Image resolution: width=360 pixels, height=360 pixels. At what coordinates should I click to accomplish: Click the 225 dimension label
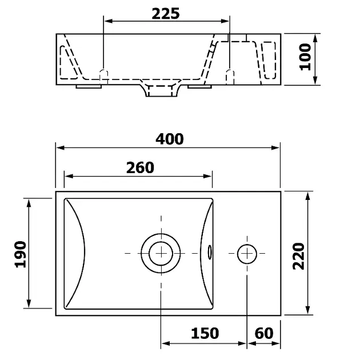tap(166, 14)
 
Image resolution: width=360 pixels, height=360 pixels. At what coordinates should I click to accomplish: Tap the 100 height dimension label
tap(305, 57)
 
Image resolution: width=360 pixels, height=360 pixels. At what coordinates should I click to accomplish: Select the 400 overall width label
tap(170, 139)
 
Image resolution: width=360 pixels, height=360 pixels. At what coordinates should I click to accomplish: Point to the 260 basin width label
tap(140, 167)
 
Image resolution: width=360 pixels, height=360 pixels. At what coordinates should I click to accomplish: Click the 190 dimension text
tap(21, 254)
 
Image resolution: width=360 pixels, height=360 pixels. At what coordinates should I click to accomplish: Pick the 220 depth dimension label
tap(298, 256)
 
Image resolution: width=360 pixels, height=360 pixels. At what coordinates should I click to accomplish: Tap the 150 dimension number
tap(205, 333)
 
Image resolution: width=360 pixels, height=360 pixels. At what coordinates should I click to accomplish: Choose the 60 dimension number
tap(264, 333)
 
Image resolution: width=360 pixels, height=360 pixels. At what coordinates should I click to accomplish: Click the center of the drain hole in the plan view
tap(161, 253)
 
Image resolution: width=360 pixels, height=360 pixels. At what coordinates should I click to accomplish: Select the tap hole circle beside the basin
tap(247, 254)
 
